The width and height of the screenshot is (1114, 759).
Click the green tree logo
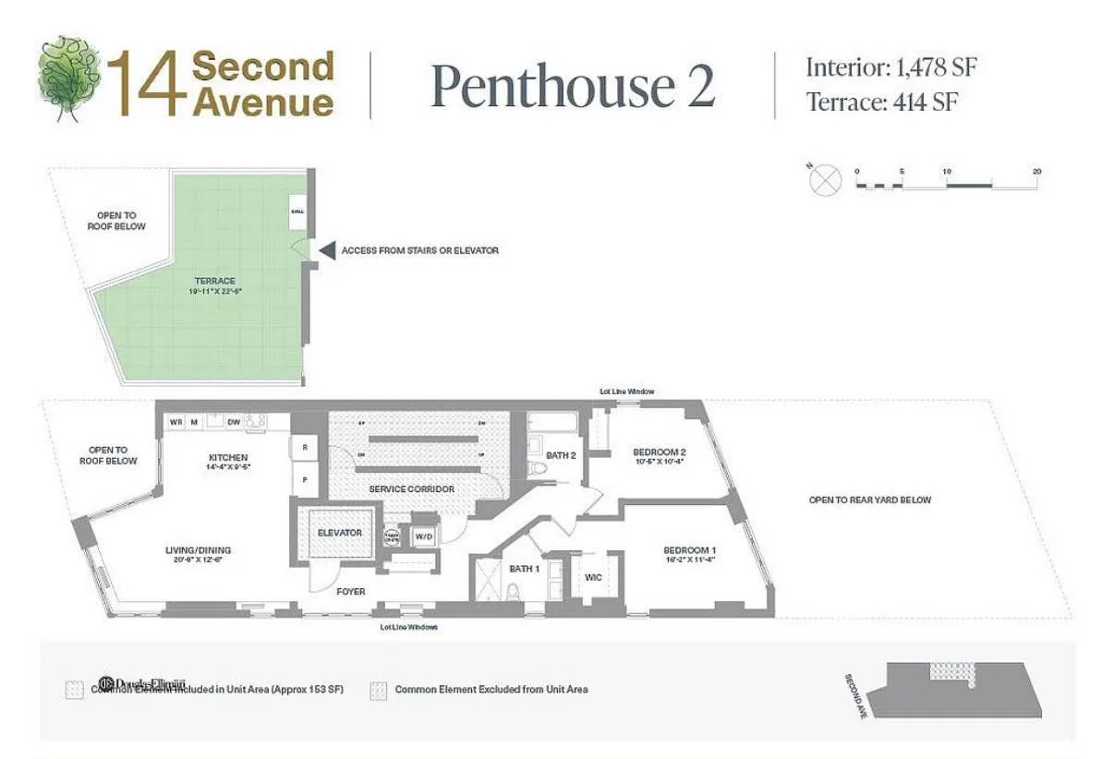pos(69,77)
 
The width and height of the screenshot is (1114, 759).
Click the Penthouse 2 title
pos(573,86)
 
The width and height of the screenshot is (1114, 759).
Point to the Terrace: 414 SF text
pos(881,102)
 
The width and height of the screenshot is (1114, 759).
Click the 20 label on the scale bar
pos(1037,172)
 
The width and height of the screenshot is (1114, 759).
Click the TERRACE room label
pos(214,281)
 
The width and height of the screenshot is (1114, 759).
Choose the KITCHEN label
pos(227,458)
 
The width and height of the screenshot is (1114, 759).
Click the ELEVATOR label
pos(339,533)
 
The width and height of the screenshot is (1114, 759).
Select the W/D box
pos(423,536)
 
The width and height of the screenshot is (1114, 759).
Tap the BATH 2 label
pos(561,454)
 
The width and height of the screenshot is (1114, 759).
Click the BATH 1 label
pos(525,569)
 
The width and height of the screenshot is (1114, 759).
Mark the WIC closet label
pos(593,577)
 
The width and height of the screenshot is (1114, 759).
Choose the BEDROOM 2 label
pos(659,452)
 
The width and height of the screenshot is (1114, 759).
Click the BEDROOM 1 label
pos(689,551)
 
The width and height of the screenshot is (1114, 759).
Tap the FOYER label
pos(350,592)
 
